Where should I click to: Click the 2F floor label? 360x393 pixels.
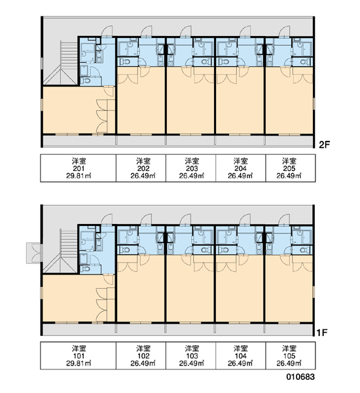coord(325,145)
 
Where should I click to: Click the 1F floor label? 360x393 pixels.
coord(323,333)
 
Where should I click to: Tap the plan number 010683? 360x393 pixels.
coord(300,377)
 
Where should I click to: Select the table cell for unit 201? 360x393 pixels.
coord(78,168)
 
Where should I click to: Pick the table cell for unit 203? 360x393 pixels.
coord(190,168)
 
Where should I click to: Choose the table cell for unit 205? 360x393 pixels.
coord(291,168)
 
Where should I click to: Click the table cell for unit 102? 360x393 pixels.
coord(141,356)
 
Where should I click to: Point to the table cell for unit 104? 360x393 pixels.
coord(240,356)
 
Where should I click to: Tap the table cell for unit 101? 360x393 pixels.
coord(78,356)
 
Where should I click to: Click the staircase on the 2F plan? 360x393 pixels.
coord(60,63)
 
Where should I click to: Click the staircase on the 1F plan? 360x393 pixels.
coord(60,251)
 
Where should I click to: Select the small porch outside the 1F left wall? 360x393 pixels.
coord(33,253)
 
